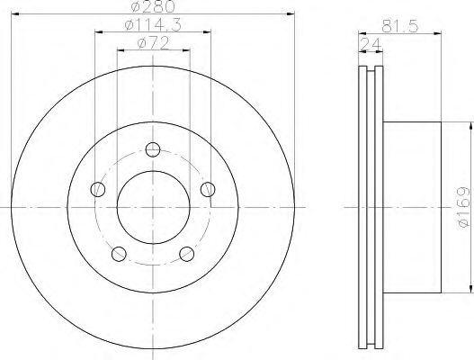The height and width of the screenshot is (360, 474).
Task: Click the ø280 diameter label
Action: tap(153, 6)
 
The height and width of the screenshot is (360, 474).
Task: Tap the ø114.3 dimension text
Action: tap(153, 25)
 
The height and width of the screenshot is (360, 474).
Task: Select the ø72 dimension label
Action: tap(153, 43)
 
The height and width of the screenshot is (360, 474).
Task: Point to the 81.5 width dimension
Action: tap(399, 27)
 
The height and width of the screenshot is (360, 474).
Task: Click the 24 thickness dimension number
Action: tap(371, 45)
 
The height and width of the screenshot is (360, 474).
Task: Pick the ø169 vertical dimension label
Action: tap(463, 207)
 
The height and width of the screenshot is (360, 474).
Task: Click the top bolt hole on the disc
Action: tap(153, 149)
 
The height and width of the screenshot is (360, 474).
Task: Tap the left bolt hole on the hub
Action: tap(98, 189)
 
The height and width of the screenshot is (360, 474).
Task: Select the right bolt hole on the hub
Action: tap(208, 189)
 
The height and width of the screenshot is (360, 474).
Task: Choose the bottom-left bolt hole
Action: tap(119, 254)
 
